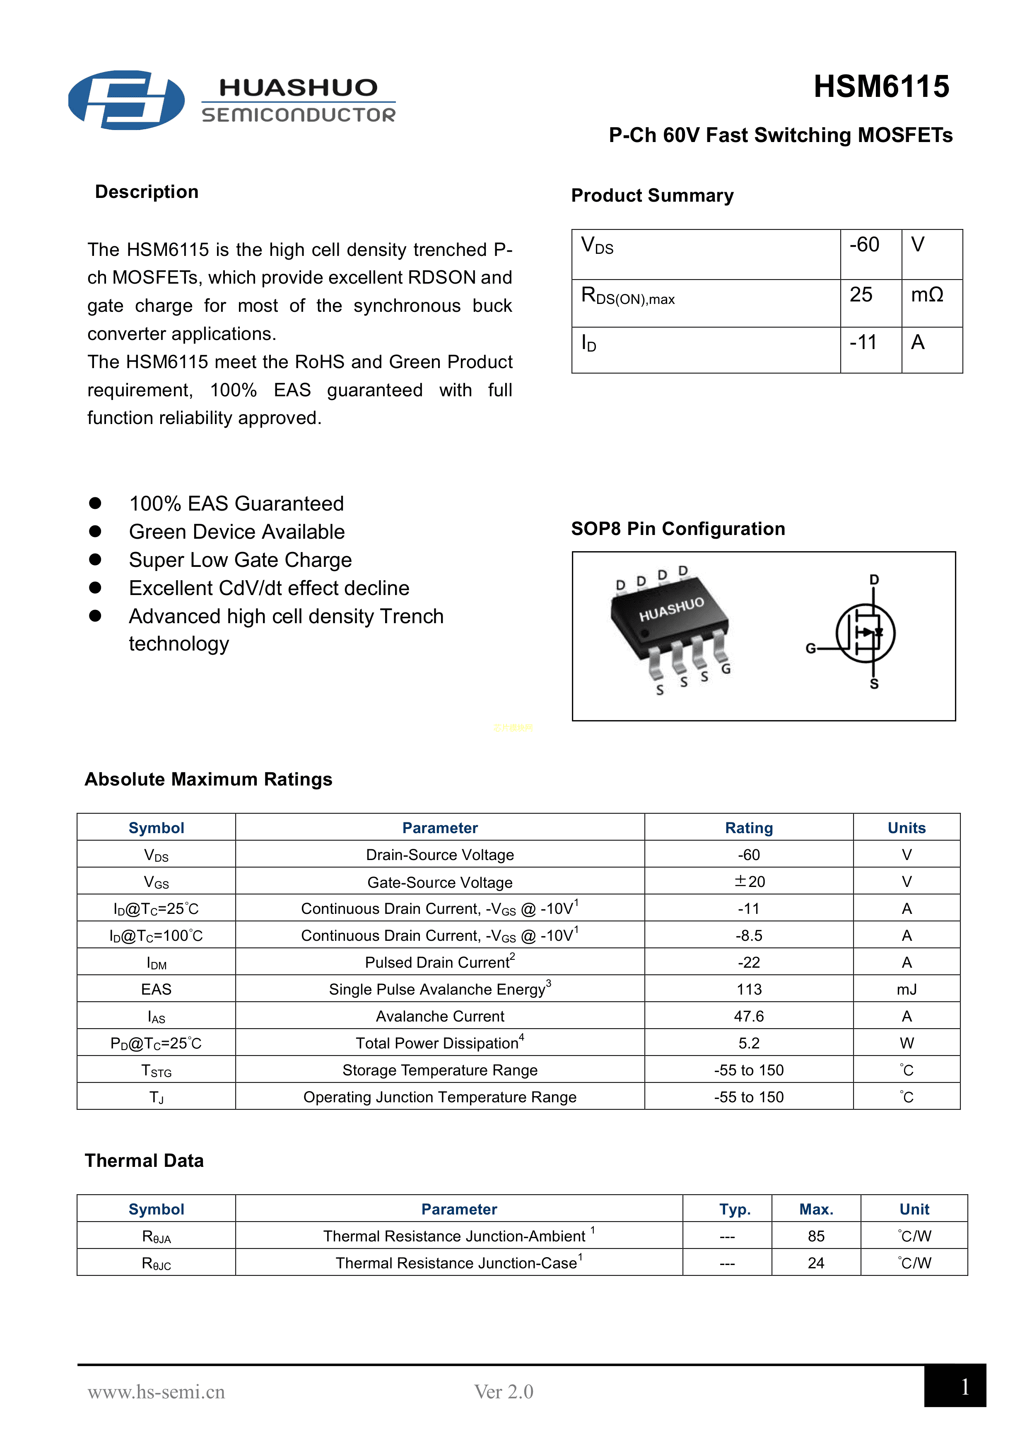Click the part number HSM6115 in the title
tap(881, 87)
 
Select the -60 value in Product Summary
tap(864, 245)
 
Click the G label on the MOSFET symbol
tap(810, 648)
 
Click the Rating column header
tap(749, 828)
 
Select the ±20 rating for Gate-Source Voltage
tap(749, 882)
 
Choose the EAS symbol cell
tap(156, 989)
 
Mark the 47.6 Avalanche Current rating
tap(749, 1016)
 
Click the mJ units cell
tap(906, 989)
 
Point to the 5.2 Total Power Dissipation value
tap(749, 1043)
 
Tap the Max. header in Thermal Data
tap(816, 1210)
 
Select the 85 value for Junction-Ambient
tap(816, 1236)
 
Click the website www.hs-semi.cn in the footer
tap(156, 1392)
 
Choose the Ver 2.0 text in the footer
tap(504, 1392)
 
